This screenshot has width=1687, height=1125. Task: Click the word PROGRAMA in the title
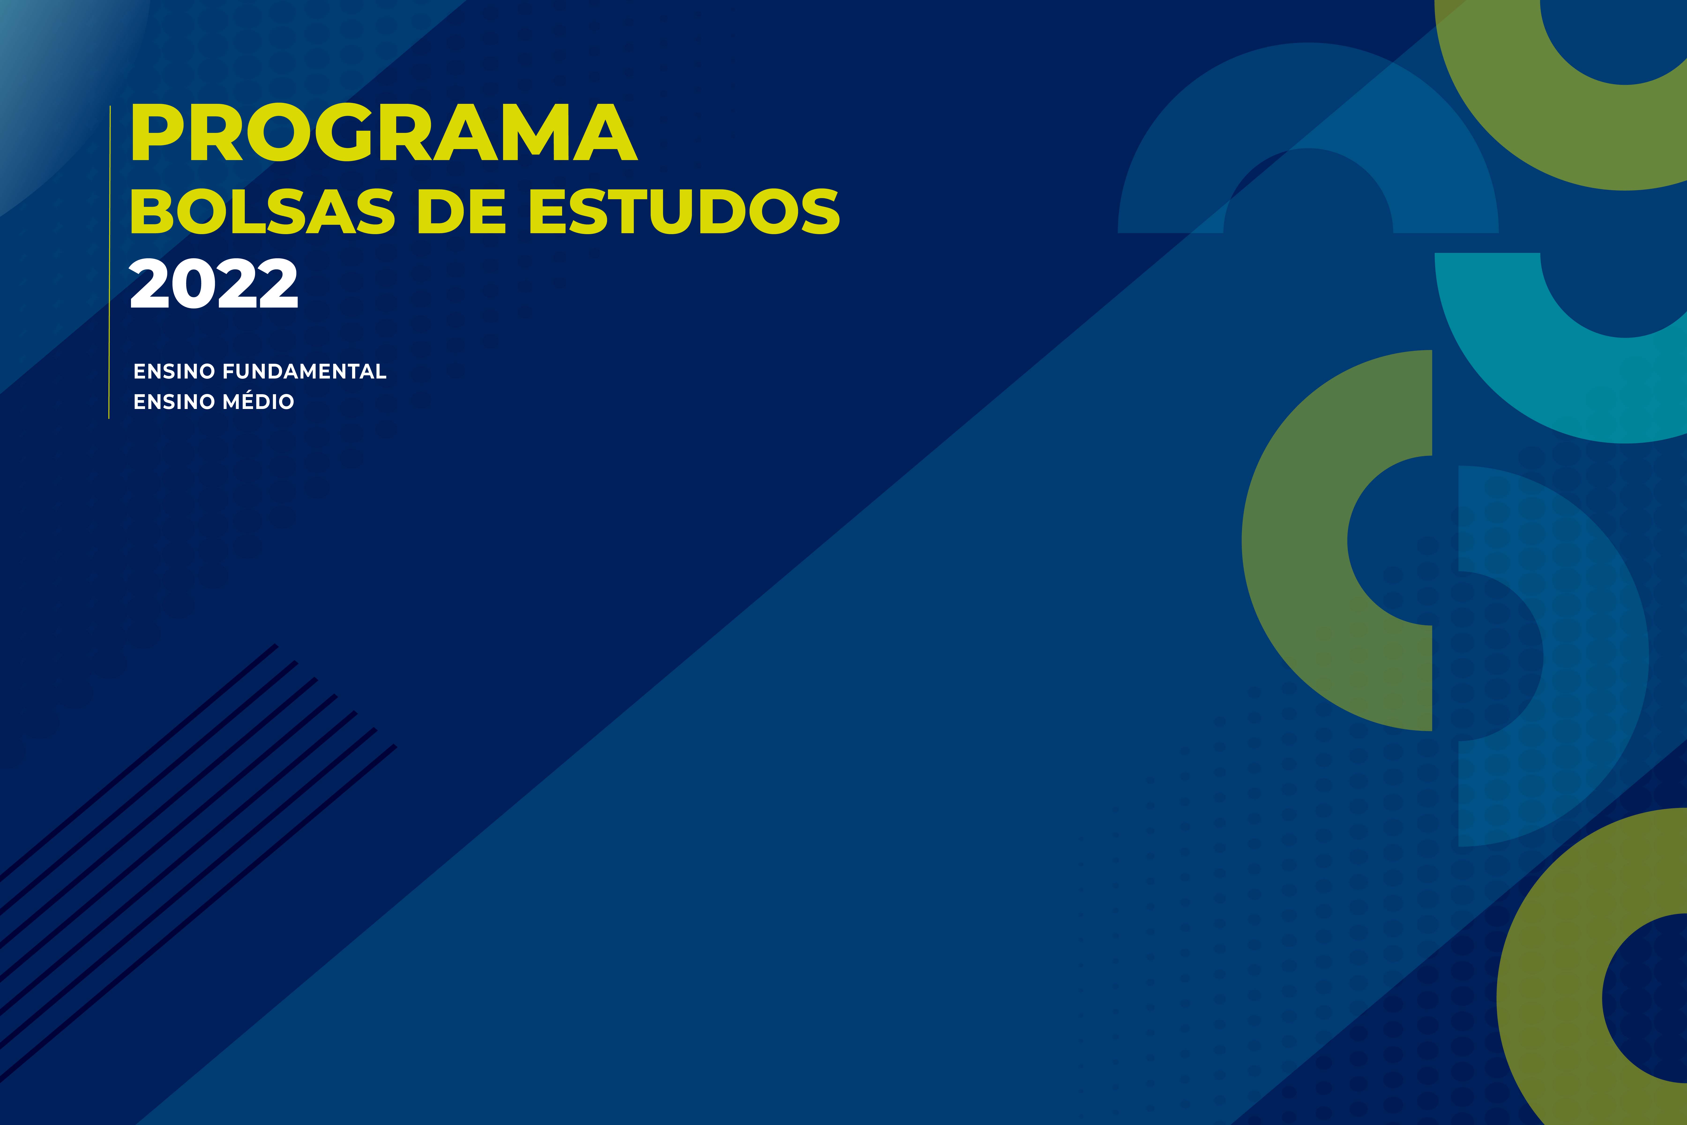(x=384, y=133)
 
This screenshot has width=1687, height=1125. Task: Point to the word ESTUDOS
(x=684, y=212)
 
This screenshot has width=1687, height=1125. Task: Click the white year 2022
(x=214, y=283)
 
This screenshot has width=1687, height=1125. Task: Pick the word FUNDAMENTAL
(x=304, y=372)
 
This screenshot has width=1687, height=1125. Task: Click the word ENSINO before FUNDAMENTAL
(x=174, y=372)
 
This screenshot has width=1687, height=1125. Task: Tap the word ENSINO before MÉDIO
(x=174, y=402)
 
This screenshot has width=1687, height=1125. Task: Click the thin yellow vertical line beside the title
(x=109, y=262)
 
